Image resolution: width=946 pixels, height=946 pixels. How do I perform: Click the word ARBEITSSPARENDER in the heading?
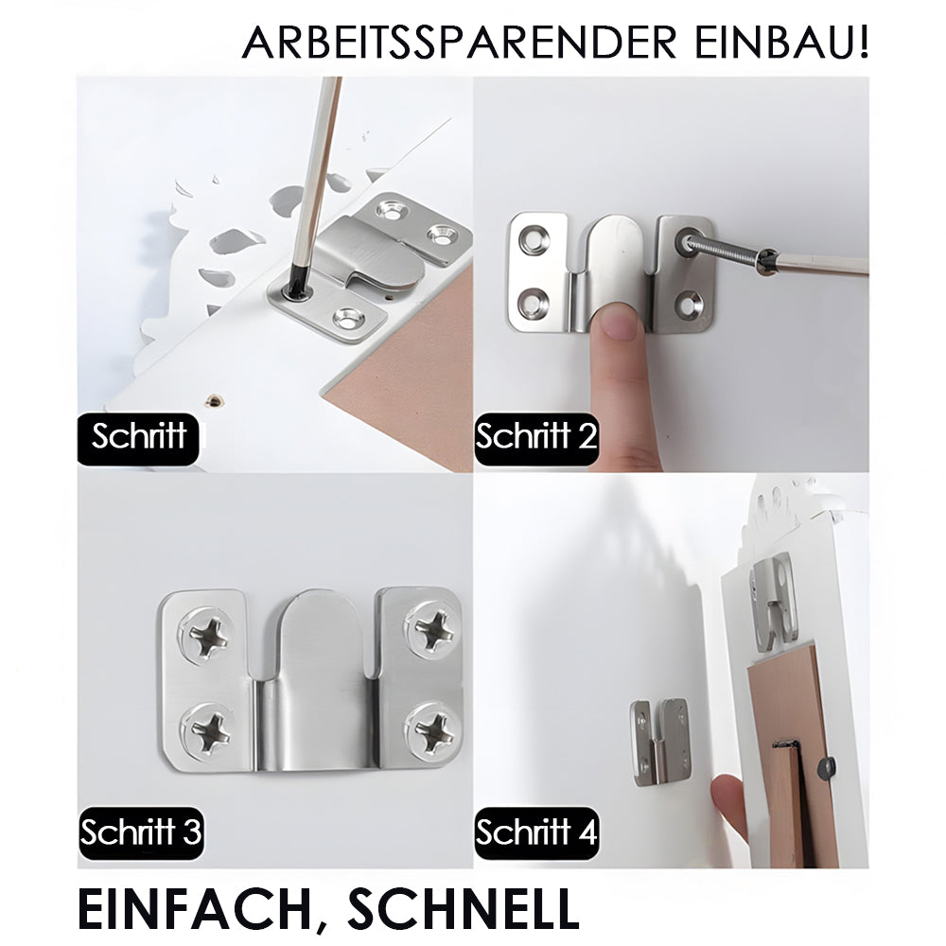tap(459, 43)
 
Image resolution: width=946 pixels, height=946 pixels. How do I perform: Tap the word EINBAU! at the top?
tap(782, 43)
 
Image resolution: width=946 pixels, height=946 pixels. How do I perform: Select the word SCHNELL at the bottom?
tap(464, 908)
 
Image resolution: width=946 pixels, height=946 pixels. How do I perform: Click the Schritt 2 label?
tap(536, 438)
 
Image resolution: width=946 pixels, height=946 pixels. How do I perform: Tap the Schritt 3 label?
tap(141, 833)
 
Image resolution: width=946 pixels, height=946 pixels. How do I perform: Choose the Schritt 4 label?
tap(536, 833)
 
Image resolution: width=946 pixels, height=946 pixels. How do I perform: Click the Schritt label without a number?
tap(138, 438)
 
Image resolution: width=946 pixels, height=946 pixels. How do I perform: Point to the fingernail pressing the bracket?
tap(617, 321)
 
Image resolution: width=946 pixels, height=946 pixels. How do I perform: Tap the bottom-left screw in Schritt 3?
tap(209, 731)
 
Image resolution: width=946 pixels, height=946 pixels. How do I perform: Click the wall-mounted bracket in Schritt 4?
tap(660, 742)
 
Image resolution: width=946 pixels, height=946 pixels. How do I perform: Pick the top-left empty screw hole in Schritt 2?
tap(534, 239)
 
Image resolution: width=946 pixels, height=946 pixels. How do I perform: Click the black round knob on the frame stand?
tap(827, 768)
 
